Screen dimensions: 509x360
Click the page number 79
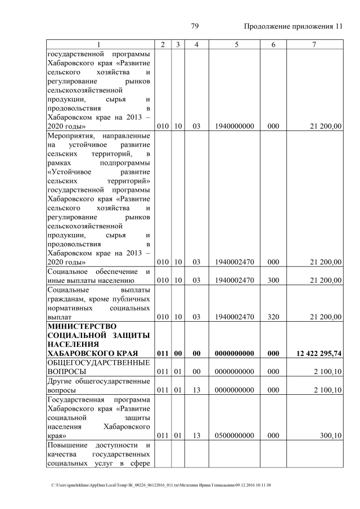(x=195, y=26)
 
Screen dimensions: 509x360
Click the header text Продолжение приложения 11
(x=292, y=26)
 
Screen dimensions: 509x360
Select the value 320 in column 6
(x=273, y=317)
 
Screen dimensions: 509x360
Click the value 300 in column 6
(x=273, y=281)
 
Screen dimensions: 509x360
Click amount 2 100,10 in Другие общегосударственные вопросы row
(x=327, y=390)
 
